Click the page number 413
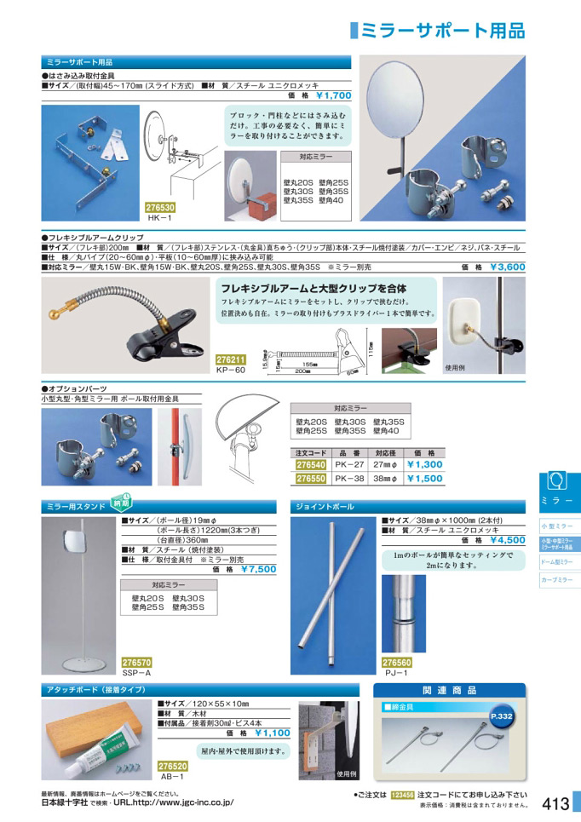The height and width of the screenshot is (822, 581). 555,802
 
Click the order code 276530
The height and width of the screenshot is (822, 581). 160,207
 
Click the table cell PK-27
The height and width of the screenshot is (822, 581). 349,465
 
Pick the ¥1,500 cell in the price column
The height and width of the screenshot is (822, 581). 424,479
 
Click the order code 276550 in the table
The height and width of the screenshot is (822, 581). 310,479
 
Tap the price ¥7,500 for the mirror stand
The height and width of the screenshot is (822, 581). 258,569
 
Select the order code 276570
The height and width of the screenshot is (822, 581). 137,662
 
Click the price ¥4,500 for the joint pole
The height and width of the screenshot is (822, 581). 508,539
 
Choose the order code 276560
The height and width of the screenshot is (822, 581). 397,662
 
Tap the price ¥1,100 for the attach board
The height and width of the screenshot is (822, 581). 272,732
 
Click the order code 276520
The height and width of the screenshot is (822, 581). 173,766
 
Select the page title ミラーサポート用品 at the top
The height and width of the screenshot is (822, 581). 443,31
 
